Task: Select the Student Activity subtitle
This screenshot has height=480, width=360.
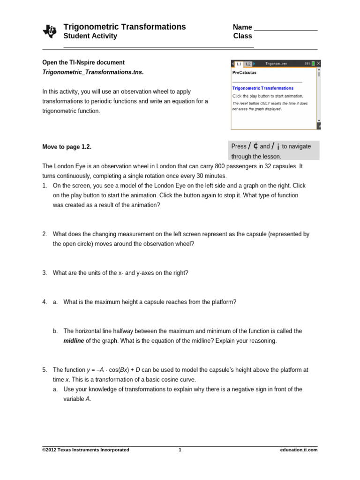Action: [90, 36]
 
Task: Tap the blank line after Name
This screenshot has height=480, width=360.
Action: [285, 28]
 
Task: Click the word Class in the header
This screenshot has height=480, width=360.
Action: [242, 36]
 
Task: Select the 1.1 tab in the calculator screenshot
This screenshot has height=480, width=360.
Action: [239, 64]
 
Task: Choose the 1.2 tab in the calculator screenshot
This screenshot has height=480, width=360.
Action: [248, 64]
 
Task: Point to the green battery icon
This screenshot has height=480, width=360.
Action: [313, 63]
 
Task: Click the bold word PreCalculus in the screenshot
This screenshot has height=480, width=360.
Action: [244, 73]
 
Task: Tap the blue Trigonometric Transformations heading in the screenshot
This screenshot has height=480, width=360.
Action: [262, 88]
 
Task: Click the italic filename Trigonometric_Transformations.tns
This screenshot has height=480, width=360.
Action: [93, 72]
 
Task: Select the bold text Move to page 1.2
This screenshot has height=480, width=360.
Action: [67, 147]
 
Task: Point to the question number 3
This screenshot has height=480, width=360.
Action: [45, 273]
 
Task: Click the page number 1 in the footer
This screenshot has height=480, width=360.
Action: [180, 450]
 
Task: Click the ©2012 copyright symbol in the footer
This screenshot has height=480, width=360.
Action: [45, 450]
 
